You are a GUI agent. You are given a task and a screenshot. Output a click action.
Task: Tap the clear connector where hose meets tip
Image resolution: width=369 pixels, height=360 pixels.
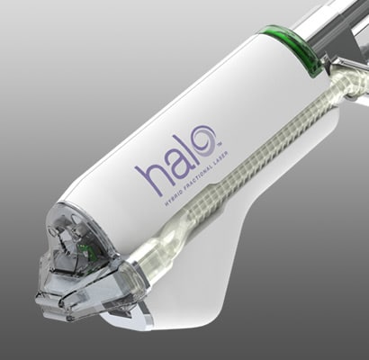click(148, 266)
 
